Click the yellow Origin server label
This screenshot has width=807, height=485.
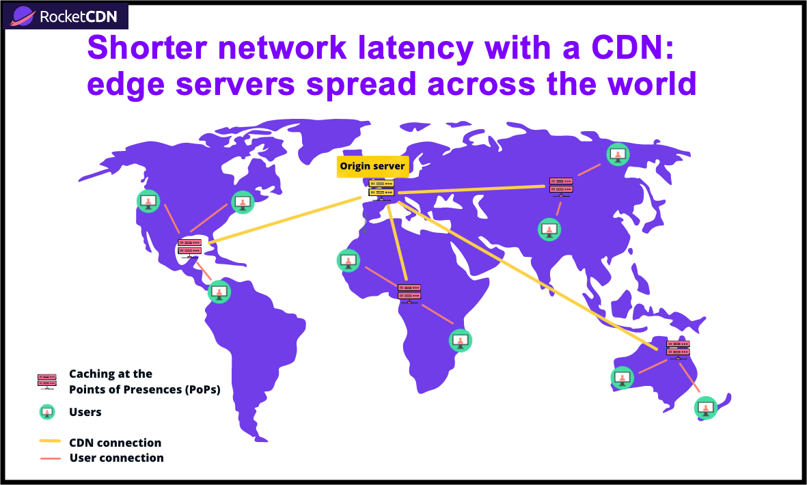pos(372,167)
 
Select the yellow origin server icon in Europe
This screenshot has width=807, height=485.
pos(381,189)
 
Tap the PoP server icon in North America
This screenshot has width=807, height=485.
pos(190,247)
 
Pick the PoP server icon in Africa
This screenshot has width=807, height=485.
pos(409,292)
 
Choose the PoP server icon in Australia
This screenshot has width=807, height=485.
pos(678,348)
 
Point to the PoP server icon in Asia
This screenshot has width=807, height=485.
pos(561,186)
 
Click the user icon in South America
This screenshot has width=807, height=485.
pos(220,292)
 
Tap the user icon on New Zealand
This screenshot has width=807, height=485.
pos(705,408)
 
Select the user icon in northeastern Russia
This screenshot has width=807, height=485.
pos(618,154)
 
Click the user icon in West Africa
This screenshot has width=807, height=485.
pos(348,261)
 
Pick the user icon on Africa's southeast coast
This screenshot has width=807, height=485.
pos(460,340)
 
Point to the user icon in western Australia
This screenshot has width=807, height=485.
pos(623,378)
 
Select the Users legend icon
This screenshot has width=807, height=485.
pos(47,412)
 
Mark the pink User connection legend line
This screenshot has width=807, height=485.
pos(50,458)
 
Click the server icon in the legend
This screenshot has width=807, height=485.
pos(47,381)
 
